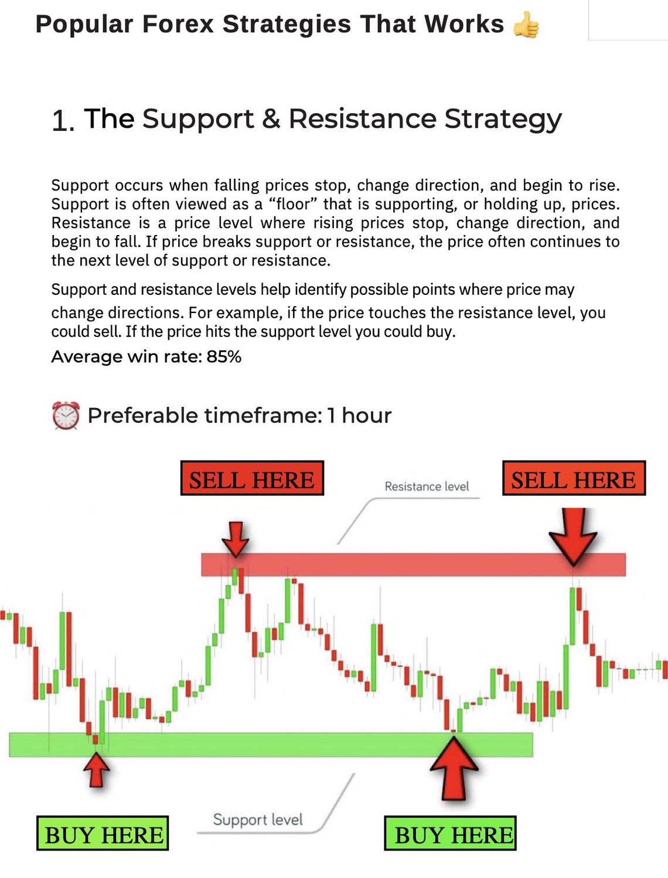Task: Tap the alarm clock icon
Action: (x=66, y=416)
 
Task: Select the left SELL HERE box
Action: (x=252, y=478)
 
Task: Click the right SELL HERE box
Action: (x=574, y=478)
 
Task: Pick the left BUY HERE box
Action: (x=103, y=833)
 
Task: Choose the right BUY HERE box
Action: (x=450, y=833)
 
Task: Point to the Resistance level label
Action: (x=427, y=486)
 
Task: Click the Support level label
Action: (x=258, y=819)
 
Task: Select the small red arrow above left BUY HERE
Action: (x=97, y=768)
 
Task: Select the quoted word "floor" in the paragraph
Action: (x=293, y=204)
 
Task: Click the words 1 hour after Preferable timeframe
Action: (x=359, y=416)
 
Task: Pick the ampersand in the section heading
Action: (x=271, y=119)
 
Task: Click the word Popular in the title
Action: (x=84, y=25)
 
